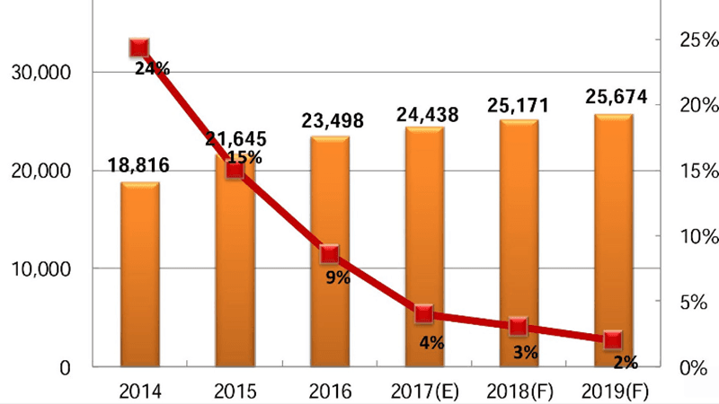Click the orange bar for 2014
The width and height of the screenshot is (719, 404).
click(x=139, y=274)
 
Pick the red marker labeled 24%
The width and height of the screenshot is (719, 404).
click(x=139, y=48)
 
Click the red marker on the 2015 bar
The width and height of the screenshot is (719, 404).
click(x=235, y=170)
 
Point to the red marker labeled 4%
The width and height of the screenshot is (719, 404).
click(x=424, y=314)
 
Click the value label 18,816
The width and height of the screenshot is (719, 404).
click(x=138, y=165)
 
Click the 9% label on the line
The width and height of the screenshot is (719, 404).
click(x=338, y=277)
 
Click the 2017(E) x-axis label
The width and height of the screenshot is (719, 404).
click(x=424, y=391)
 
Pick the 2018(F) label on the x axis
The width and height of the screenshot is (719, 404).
click(x=519, y=391)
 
